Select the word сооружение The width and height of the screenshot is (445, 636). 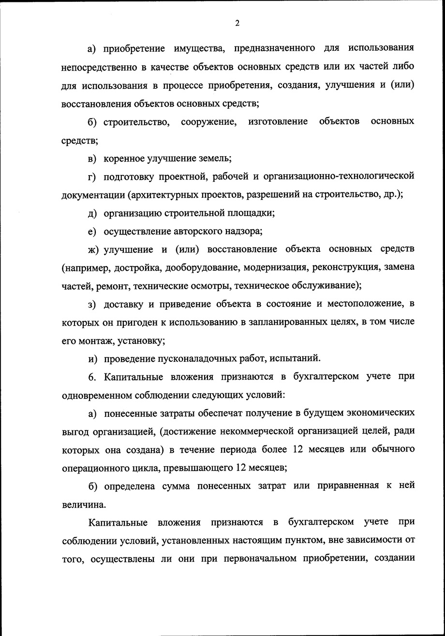[x=208, y=121]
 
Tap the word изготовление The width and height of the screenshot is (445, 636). [x=278, y=121]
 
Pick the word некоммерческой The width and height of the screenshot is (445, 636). [x=272, y=431]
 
